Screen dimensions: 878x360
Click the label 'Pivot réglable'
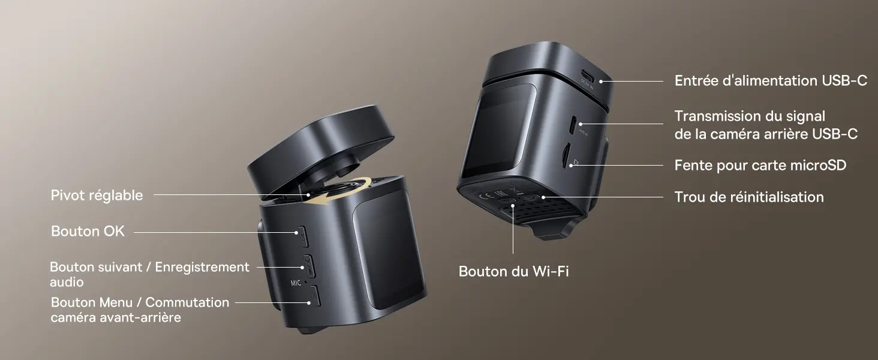coord(97,195)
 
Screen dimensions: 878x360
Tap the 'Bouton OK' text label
coord(88,231)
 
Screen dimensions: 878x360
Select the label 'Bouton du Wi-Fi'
coord(513,271)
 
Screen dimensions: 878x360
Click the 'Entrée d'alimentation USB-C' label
coord(771,80)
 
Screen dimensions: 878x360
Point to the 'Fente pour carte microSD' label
coord(760,165)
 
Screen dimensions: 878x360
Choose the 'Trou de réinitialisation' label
coord(749,197)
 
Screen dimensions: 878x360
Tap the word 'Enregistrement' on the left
coord(202,267)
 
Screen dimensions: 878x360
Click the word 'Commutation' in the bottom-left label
coord(187,302)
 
